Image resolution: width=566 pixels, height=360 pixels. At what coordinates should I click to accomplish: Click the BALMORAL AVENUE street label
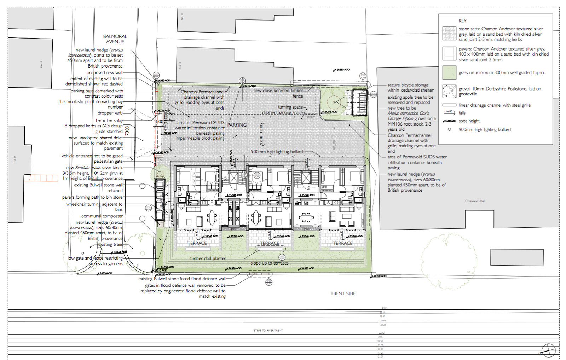tap(115, 39)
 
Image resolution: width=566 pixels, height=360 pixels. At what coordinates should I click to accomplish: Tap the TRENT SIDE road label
tap(343, 294)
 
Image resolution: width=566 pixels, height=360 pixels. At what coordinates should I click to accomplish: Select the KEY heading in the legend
tap(462, 21)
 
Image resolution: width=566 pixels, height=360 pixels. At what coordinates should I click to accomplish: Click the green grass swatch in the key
tap(449, 72)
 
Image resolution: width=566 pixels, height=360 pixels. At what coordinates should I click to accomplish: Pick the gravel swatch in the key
tap(449, 91)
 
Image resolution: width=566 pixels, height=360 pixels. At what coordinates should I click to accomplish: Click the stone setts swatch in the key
tap(449, 33)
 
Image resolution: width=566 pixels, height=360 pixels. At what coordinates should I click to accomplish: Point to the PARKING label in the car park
tap(237, 125)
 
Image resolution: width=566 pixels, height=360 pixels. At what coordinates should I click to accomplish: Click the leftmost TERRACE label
tap(197, 243)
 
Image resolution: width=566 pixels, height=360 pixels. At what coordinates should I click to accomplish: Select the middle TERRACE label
tap(270, 243)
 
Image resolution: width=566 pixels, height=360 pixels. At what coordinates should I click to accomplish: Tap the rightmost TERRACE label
tap(342, 243)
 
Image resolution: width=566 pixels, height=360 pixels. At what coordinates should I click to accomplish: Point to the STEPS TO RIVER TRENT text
tap(268, 331)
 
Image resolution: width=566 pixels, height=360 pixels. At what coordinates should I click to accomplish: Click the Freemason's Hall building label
tap(475, 201)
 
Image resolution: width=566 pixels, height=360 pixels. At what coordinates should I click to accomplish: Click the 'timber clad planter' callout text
tap(208, 259)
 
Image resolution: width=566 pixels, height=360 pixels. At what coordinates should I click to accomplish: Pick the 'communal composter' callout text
tap(102, 216)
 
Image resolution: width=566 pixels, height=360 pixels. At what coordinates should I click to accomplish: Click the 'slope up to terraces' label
tap(269, 263)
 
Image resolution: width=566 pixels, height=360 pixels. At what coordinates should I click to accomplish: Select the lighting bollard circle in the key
tap(449, 129)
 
